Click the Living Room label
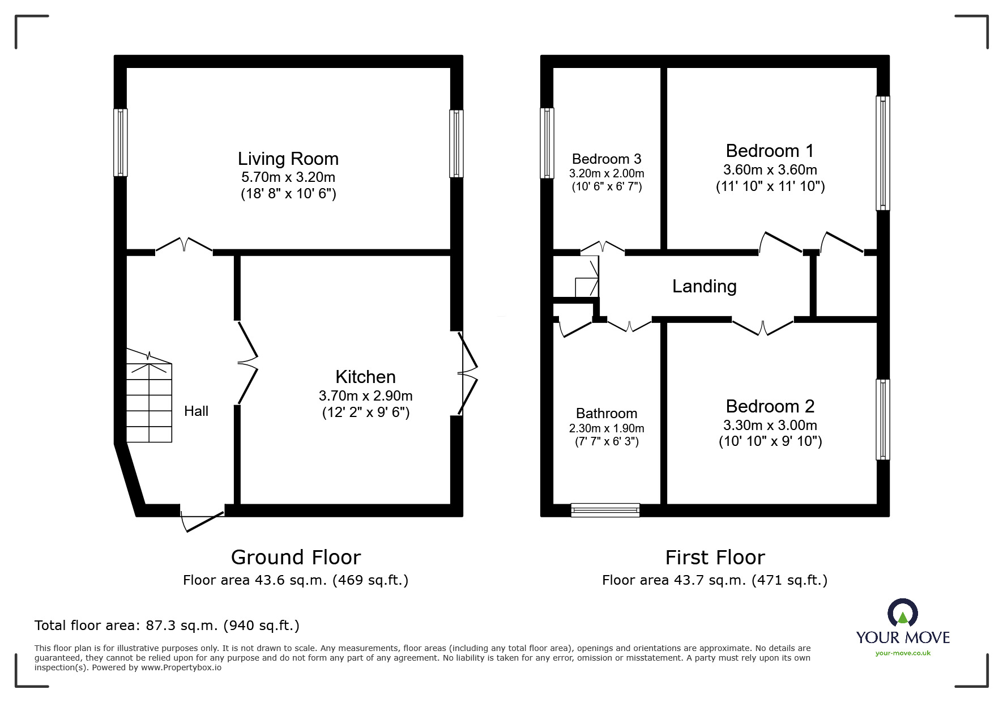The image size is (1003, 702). pyautogui.click(x=288, y=159)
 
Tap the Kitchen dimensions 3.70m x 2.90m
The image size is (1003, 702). pyautogui.click(x=365, y=395)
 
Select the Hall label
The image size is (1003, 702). pyautogui.click(x=196, y=411)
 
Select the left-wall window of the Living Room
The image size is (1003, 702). pyautogui.click(x=120, y=142)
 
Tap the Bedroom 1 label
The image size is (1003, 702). pyautogui.click(x=770, y=151)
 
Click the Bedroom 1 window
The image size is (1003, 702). pyautogui.click(x=882, y=153)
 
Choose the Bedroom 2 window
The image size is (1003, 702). pyautogui.click(x=882, y=419)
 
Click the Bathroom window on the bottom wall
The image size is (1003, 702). pyautogui.click(x=605, y=510)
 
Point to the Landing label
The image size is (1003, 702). pyautogui.click(x=704, y=287)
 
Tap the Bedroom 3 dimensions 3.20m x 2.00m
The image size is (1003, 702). pyautogui.click(x=607, y=173)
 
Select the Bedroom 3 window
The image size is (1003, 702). pyautogui.click(x=547, y=143)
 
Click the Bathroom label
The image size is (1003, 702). pyautogui.click(x=607, y=413)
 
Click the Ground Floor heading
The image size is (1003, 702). pyautogui.click(x=296, y=558)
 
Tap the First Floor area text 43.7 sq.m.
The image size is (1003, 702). pyautogui.click(x=714, y=580)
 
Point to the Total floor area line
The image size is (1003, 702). pyautogui.click(x=167, y=626)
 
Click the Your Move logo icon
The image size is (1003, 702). pyautogui.click(x=902, y=613)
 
